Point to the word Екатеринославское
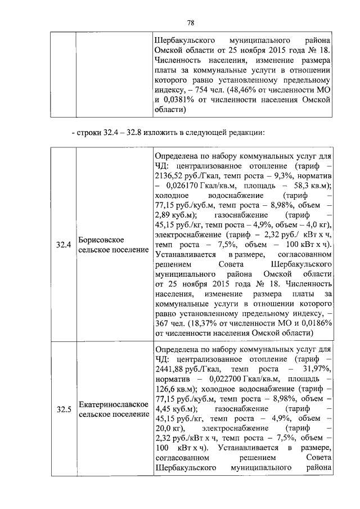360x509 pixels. click(x=113, y=404)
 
